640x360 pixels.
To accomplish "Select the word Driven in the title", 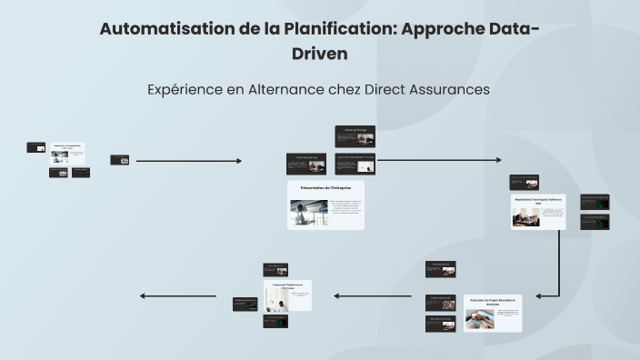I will (x=319, y=54).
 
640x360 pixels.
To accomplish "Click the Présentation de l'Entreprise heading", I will (x=325, y=187).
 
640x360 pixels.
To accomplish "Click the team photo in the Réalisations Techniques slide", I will (x=525, y=216).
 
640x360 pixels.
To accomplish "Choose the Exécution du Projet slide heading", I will (x=493, y=301).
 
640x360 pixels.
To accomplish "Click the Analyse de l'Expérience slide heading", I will (x=286, y=285).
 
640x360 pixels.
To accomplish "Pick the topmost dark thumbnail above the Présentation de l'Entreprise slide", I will (x=355, y=135).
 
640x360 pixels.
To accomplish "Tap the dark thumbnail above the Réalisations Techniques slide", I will (x=524, y=182).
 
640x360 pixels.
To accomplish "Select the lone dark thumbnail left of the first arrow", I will (x=119, y=160).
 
